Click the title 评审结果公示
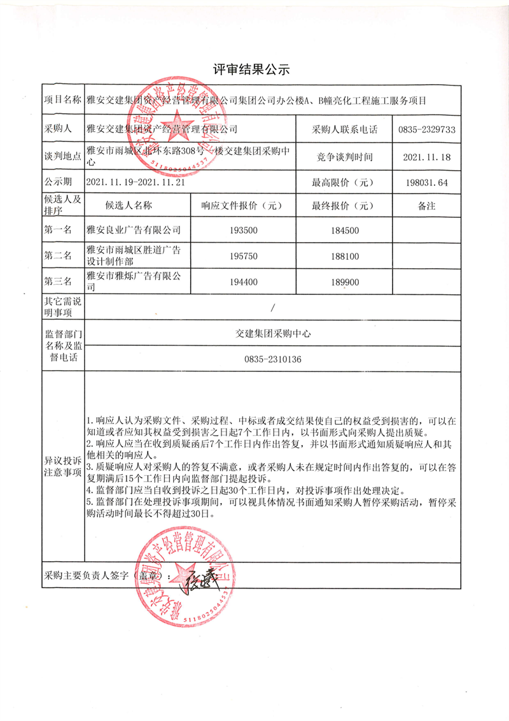[x=254, y=69]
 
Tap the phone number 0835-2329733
[x=426, y=129]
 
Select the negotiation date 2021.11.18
[x=426, y=156]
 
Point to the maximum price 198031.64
[x=426, y=182]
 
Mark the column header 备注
[x=426, y=206]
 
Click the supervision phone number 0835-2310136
[x=272, y=360]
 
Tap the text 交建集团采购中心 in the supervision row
[x=272, y=333]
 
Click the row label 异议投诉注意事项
[x=62, y=466]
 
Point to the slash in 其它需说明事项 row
[x=272, y=308]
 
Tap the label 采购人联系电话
[x=345, y=129]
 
